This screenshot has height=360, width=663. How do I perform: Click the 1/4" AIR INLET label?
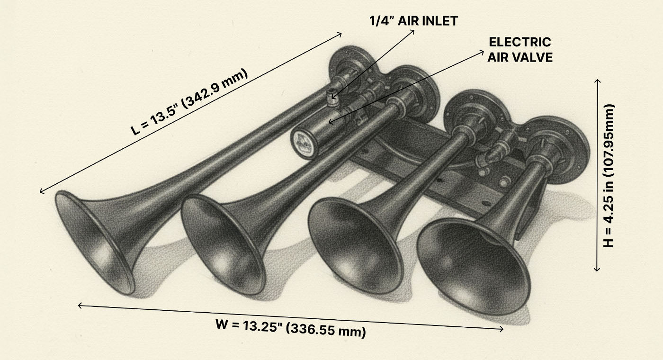413,20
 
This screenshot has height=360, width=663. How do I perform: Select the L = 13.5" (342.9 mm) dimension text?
189,102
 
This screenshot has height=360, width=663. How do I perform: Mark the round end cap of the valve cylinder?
300,143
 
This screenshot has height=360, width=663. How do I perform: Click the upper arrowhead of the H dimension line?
597,81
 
